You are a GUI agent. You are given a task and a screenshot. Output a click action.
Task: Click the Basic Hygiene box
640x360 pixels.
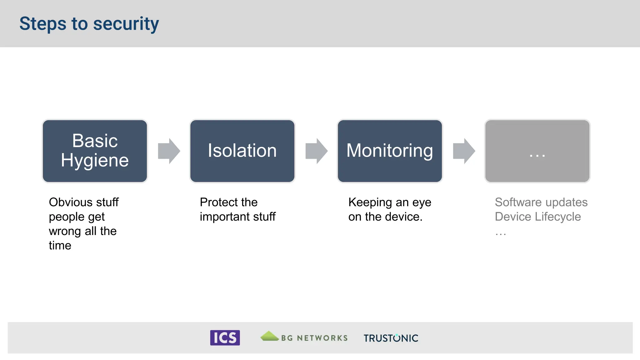[x=95, y=151]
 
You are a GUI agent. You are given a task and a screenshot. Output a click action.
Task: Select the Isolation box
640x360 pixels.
[x=242, y=151]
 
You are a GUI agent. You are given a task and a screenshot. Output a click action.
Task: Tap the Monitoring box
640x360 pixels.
[x=390, y=151]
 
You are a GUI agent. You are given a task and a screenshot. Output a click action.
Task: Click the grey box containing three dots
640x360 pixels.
[x=537, y=151]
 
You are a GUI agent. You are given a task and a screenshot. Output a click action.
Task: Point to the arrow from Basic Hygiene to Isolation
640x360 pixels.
[x=169, y=151]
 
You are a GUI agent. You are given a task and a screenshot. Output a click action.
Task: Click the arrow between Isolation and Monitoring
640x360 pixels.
[x=316, y=151]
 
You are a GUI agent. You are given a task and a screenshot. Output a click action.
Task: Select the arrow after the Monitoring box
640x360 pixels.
[x=464, y=151]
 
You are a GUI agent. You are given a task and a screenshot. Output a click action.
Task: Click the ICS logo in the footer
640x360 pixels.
[x=225, y=338]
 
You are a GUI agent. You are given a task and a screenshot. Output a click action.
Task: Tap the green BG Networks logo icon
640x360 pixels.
[x=269, y=336]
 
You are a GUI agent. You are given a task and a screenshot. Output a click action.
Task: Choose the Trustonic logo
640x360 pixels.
[x=391, y=338]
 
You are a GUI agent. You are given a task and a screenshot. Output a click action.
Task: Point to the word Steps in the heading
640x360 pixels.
[x=43, y=24]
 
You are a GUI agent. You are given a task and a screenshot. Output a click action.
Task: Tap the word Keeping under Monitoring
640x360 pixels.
[x=370, y=202]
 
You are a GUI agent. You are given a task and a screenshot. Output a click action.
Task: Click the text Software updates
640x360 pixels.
[x=541, y=202]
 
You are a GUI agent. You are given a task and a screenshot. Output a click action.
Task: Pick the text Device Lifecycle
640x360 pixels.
[x=537, y=217]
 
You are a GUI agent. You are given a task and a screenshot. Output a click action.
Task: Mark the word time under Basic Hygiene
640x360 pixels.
[x=60, y=246]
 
